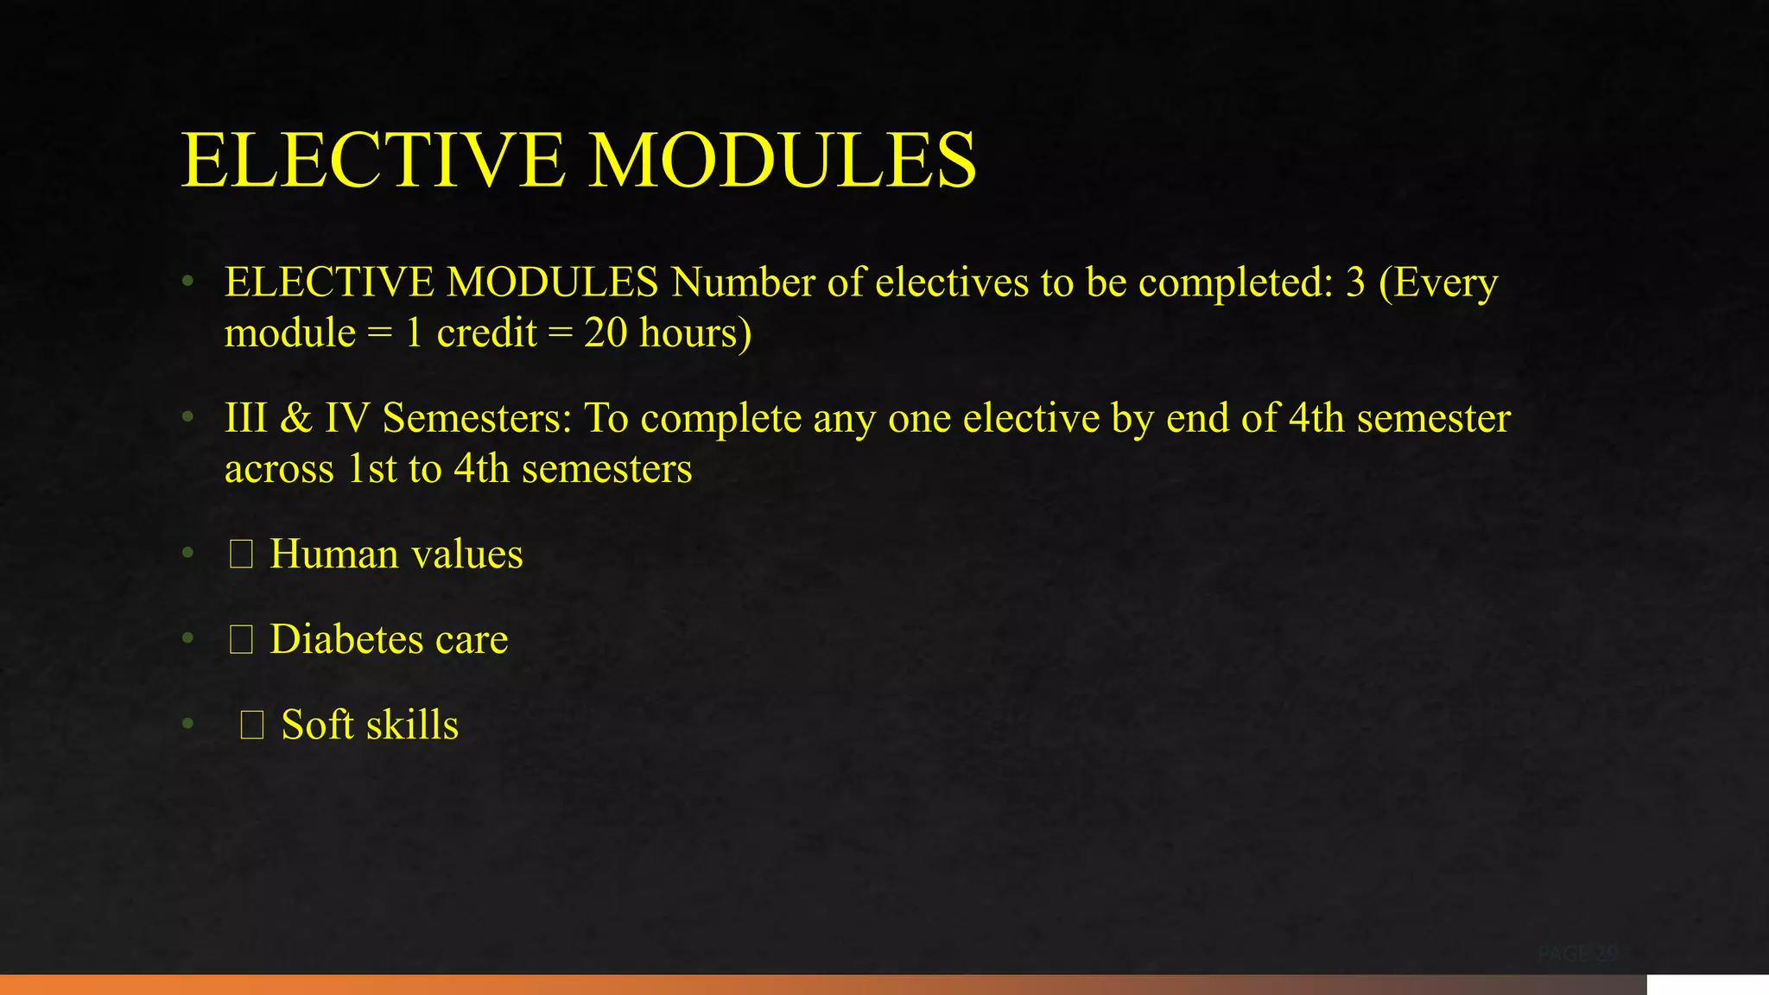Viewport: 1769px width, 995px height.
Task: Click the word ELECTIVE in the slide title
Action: point(373,161)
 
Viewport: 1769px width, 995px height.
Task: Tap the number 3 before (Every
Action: point(1355,282)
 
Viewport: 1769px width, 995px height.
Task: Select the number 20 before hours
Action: point(606,333)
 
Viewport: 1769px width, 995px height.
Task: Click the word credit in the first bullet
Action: point(486,333)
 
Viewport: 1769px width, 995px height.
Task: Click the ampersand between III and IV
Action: point(295,418)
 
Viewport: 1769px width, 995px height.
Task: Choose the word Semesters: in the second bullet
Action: point(477,418)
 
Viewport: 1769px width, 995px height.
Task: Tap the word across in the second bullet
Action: point(278,469)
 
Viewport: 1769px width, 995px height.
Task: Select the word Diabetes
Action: point(346,639)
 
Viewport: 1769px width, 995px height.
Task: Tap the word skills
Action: point(412,725)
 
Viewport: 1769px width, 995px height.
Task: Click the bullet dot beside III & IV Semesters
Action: point(187,418)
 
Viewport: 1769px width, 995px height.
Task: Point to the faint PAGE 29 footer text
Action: point(1577,954)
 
